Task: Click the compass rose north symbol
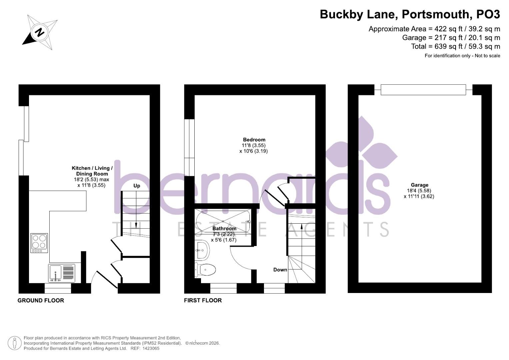(x=40, y=32)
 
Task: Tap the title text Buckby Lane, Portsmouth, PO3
(x=410, y=14)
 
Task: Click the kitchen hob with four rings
(x=39, y=243)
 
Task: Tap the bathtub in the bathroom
(x=223, y=221)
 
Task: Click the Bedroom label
(x=254, y=140)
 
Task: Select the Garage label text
(x=419, y=185)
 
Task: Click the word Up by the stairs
(x=137, y=186)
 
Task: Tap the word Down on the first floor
(x=280, y=270)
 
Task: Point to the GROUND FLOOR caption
(x=41, y=300)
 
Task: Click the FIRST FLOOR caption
(x=203, y=300)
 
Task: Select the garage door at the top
(x=423, y=90)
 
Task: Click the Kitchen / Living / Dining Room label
(x=92, y=171)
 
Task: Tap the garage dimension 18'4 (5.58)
(x=419, y=191)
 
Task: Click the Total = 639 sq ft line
(x=455, y=46)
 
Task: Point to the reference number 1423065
(x=151, y=348)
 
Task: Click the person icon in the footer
(x=14, y=343)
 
